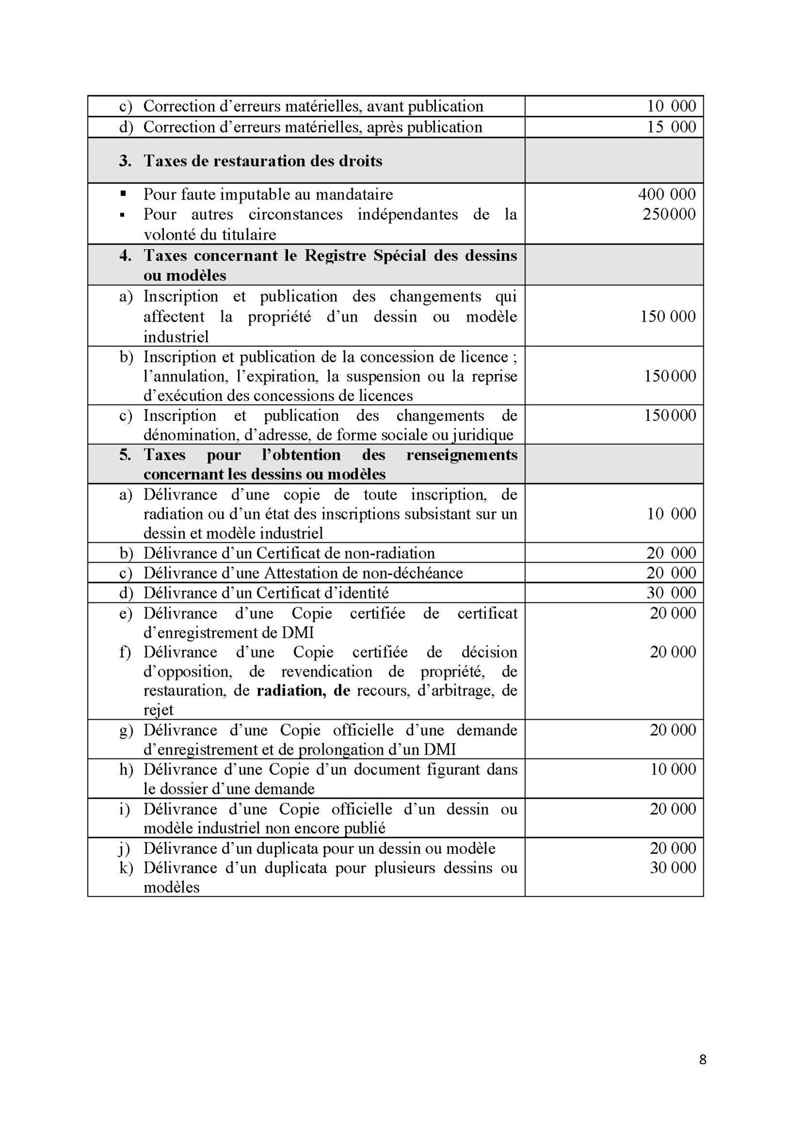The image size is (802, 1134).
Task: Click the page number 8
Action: (x=703, y=1060)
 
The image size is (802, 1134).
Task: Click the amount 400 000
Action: (x=667, y=194)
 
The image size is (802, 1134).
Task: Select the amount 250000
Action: (x=669, y=214)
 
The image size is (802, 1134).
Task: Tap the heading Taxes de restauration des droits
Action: (x=263, y=161)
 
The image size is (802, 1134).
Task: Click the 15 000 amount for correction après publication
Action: (x=671, y=127)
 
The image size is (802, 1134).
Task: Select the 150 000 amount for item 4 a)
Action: (x=668, y=317)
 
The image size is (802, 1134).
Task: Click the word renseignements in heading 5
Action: (x=462, y=455)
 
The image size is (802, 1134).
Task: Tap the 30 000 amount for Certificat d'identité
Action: (x=671, y=593)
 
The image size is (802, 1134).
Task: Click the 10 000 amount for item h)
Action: (x=673, y=769)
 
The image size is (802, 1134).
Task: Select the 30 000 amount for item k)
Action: (x=673, y=868)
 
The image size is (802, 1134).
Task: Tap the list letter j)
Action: (x=126, y=849)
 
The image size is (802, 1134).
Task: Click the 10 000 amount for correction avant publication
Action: (x=671, y=106)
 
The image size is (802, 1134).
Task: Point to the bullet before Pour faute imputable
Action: (x=123, y=194)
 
